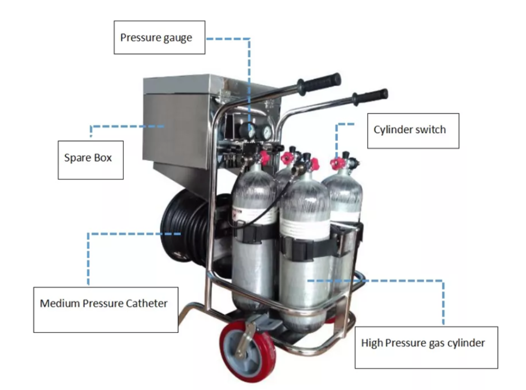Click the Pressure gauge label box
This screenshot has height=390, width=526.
pos(159,38)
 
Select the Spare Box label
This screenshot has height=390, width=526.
pos(90,160)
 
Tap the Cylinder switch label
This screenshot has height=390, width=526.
pos(413,131)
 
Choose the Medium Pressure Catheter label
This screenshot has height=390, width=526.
pos(106,309)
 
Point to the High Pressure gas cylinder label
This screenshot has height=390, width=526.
pos(426,347)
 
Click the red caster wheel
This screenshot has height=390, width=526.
pos(248,351)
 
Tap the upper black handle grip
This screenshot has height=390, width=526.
pos(318,83)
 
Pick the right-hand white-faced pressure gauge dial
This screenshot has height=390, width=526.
pos(267,132)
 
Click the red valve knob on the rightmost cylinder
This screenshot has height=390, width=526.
pos(336,163)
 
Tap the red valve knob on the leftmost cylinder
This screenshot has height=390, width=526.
pos(265,157)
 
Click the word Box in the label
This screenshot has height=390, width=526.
pos(103,158)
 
